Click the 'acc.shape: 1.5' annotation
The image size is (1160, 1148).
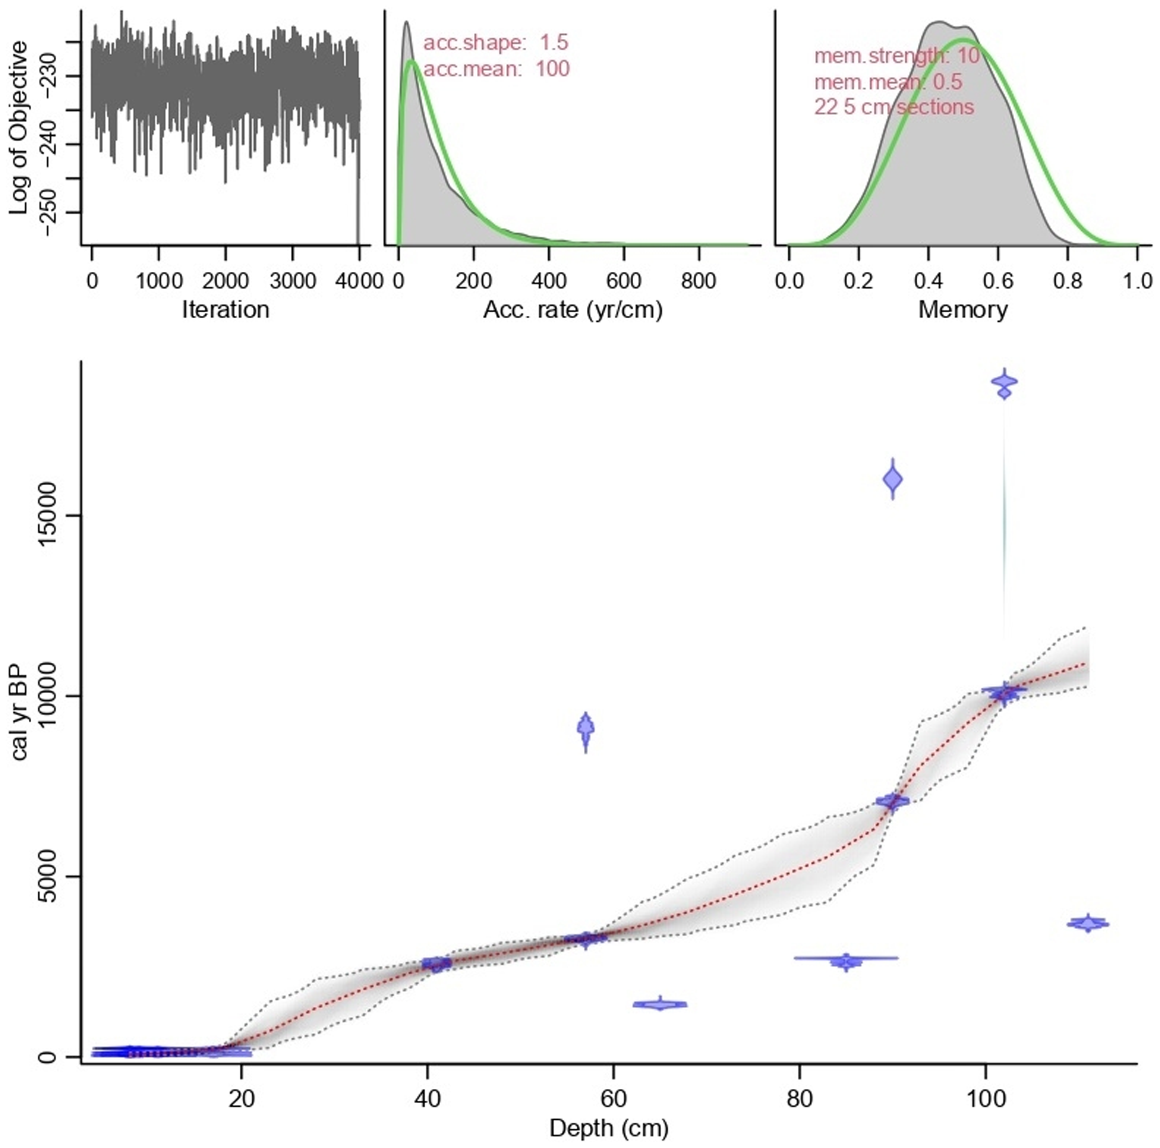pyautogui.click(x=495, y=43)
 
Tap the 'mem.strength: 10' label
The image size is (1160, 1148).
pyautogui.click(x=896, y=56)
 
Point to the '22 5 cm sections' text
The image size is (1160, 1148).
pyautogui.click(x=894, y=107)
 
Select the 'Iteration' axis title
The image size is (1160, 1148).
pyautogui.click(x=225, y=310)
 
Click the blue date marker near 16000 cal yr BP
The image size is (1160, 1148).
pyautogui.click(x=893, y=479)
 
